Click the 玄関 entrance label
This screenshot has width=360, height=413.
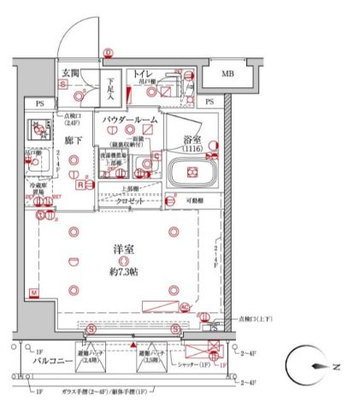70,75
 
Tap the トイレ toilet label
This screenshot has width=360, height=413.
141,75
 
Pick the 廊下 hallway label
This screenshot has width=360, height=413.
72,138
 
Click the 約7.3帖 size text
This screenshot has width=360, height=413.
127,271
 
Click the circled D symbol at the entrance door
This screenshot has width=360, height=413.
108,53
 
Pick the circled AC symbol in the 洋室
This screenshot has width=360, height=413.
184,306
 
